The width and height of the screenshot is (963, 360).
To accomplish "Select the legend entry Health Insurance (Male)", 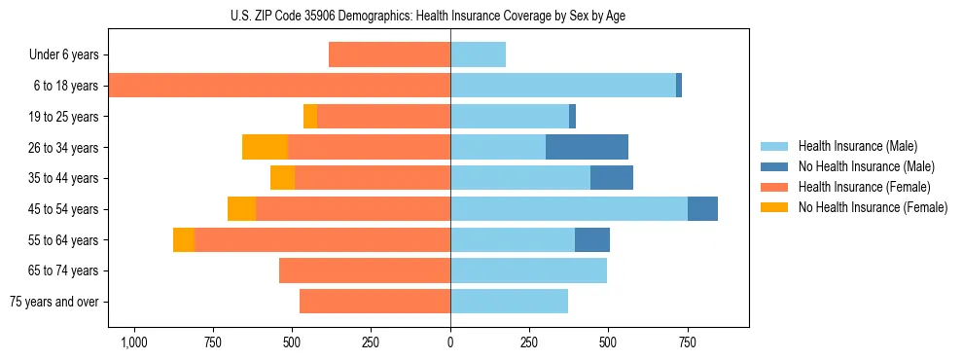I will pos(857,146).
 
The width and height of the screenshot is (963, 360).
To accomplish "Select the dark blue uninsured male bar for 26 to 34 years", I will pos(587,147).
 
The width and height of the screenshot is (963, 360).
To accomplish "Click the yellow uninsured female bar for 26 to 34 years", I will pos(265,147).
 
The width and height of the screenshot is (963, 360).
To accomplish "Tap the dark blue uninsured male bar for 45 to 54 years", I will pos(702,209).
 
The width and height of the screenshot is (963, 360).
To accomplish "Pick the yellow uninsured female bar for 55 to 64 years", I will pos(184,240).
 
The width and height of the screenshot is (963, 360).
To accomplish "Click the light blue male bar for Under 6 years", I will pos(478,54).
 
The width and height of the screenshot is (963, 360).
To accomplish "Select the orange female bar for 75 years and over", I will pos(374,302).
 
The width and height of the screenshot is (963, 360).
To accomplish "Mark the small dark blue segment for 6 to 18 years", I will pos(679,86).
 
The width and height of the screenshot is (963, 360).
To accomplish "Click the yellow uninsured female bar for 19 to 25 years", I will pos(310,117).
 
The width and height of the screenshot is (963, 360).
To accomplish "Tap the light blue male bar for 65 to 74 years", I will pos(528,270).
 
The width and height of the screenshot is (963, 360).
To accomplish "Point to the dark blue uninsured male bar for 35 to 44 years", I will pos(612,178).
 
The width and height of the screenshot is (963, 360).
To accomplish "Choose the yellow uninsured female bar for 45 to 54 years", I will pos(241,209).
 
